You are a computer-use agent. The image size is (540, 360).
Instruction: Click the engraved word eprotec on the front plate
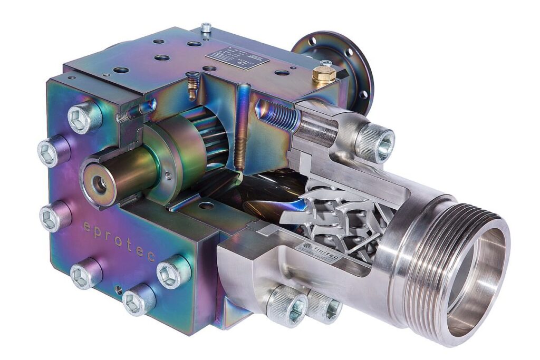pos(119,240)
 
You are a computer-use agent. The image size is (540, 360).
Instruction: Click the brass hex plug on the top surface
pos(323,75)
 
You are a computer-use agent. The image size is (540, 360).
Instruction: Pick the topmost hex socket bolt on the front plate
pos(84,117)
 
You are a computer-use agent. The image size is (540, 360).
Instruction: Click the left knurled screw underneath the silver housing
pos(287,306)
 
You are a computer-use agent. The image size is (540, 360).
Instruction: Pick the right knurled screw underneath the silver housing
pos(325,307)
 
